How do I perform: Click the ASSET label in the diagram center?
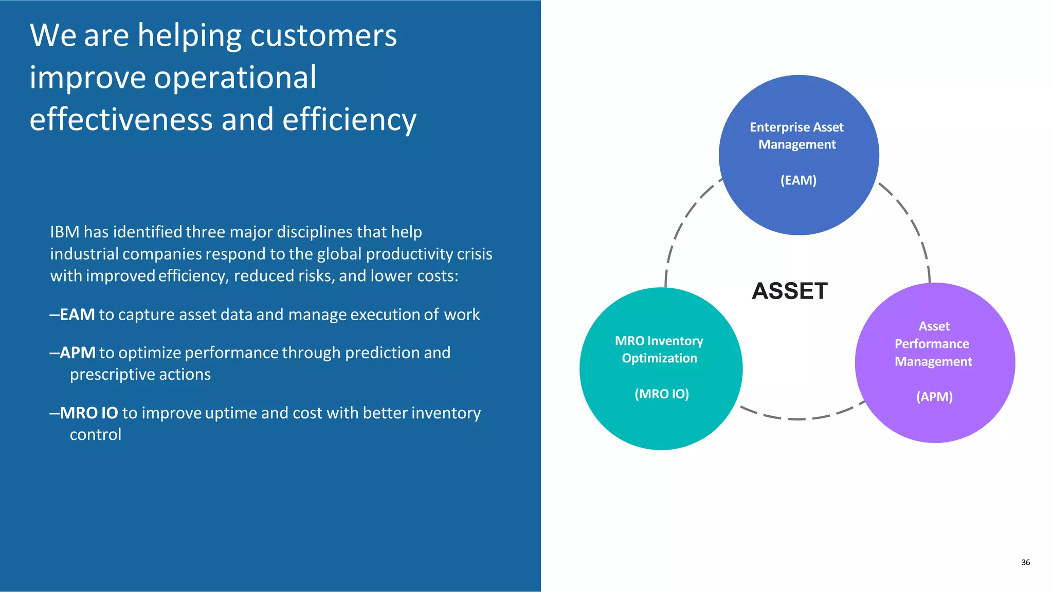[789, 291]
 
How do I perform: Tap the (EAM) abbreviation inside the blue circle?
[798, 180]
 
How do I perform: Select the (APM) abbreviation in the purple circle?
[934, 397]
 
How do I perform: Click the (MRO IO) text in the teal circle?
[661, 394]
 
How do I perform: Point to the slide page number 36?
[1025, 562]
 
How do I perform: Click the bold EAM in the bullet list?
[77, 314]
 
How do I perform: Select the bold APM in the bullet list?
[78, 353]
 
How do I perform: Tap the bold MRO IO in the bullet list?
[89, 413]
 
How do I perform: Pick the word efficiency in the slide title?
[349, 120]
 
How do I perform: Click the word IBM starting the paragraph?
[65, 232]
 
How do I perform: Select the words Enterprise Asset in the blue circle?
[796, 127]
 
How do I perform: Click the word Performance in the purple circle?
[932, 344]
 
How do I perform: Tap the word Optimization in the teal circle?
[659, 358]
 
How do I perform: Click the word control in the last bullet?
[96, 435]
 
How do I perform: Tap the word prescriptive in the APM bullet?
[111, 375]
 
